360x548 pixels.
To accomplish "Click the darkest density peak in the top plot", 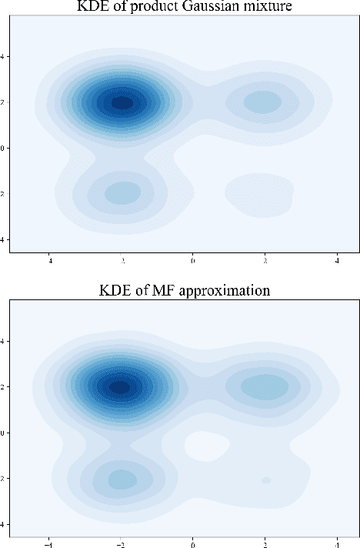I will coord(122,102).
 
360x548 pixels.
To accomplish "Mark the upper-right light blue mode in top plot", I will coord(263,102).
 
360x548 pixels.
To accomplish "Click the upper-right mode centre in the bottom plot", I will coord(265,387).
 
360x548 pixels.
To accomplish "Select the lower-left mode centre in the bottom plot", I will coord(120,479).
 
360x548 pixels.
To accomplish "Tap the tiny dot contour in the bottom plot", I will coord(265,479).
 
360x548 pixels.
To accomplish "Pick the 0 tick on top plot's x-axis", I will coord(192,262).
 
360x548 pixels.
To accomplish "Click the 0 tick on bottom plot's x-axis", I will coord(192,541).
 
